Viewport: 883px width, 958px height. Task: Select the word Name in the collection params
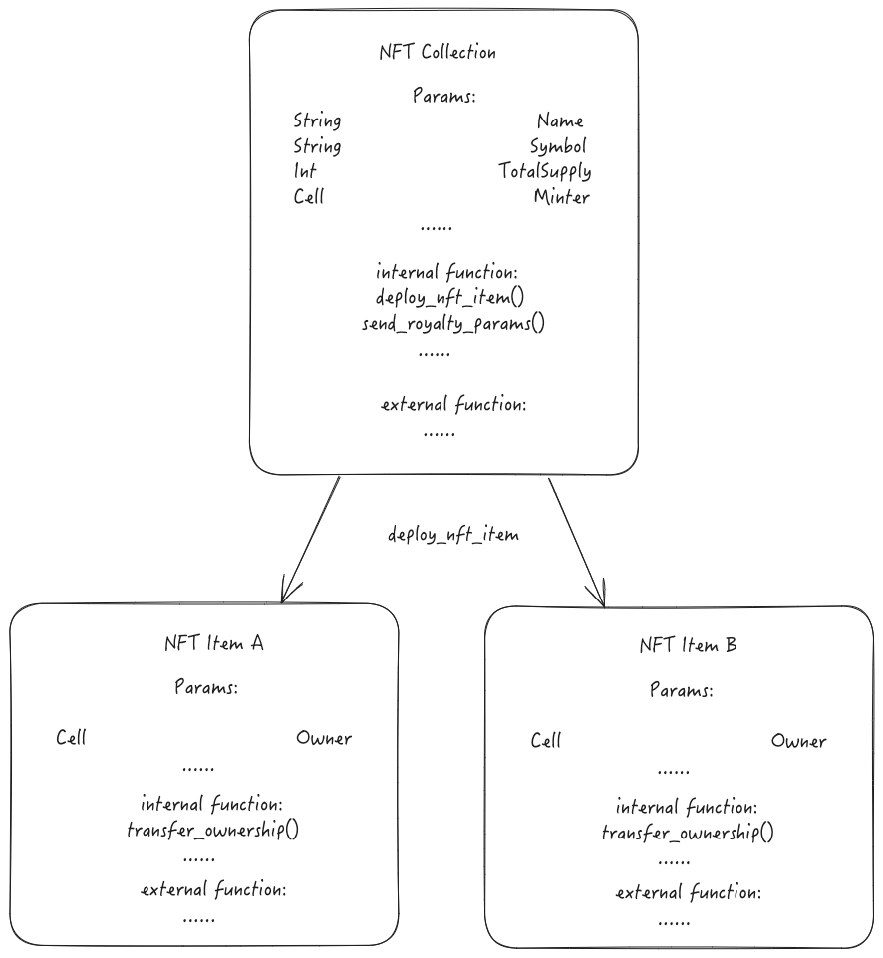pyautogui.click(x=560, y=121)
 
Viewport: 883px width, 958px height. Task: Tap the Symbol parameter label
pyautogui.click(x=558, y=147)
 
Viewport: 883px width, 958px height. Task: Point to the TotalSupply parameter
pyautogui.click(x=545, y=172)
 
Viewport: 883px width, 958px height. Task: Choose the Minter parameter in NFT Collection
pyautogui.click(x=561, y=197)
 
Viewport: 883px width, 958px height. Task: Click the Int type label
pyautogui.click(x=305, y=172)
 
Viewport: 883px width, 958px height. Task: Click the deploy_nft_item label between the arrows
pyautogui.click(x=453, y=535)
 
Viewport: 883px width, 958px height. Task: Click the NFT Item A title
pyautogui.click(x=212, y=643)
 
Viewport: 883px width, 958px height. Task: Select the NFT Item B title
pyautogui.click(x=688, y=646)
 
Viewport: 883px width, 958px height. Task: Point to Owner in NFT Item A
pyautogui.click(x=324, y=738)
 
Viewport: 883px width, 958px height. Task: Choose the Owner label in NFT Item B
pyautogui.click(x=798, y=741)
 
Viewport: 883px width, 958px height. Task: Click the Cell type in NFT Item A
pyautogui.click(x=71, y=738)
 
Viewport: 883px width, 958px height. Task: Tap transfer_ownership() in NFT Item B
pyautogui.click(x=688, y=833)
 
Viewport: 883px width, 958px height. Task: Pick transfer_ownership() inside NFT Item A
pyautogui.click(x=212, y=830)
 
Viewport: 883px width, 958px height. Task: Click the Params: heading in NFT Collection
pyautogui.click(x=444, y=97)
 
